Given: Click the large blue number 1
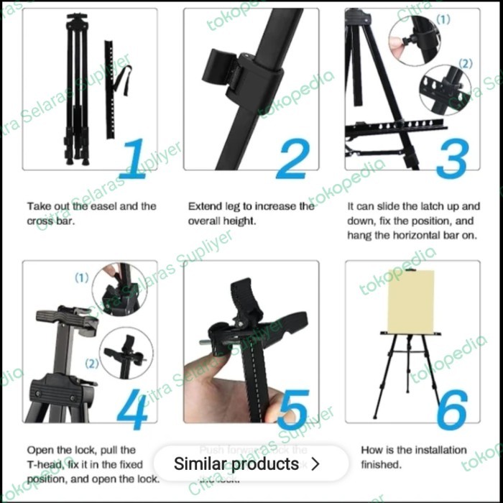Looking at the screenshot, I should (x=134, y=158).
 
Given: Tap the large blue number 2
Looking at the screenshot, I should (x=292, y=158).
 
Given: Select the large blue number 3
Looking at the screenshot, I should (x=453, y=158).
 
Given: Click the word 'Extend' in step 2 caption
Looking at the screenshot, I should (x=203, y=206).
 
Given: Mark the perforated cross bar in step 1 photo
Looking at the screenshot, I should (x=110, y=90).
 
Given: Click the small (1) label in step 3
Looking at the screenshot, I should (x=443, y=19).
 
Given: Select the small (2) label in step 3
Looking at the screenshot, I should (x=466, y=63).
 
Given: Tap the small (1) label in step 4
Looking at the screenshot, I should (x=82, y=277).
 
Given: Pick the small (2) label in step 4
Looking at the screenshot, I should (x=91, y=363).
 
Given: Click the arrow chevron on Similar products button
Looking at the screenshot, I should (x=314, y=464).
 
